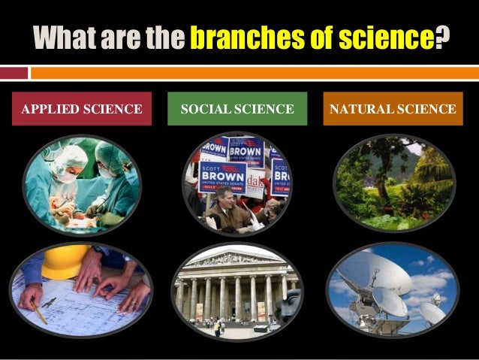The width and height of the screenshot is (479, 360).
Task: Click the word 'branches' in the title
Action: (x=236, y=37)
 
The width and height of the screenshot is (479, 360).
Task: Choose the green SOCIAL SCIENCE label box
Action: (x=237, y=110)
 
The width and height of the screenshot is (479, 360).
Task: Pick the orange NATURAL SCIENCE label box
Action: (x=392, y=110)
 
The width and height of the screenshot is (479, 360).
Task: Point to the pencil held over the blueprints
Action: (x=38, y=310)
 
